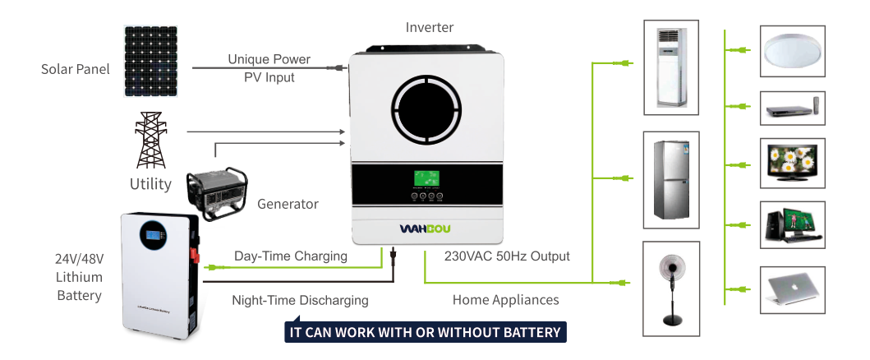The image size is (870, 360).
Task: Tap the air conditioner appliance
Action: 670,66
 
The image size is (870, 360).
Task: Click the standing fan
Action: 670,288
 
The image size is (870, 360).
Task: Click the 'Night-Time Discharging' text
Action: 300,300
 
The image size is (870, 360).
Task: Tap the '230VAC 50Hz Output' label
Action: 507,256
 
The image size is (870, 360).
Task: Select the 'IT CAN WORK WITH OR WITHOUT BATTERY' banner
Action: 426,332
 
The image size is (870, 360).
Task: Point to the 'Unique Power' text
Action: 269,59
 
